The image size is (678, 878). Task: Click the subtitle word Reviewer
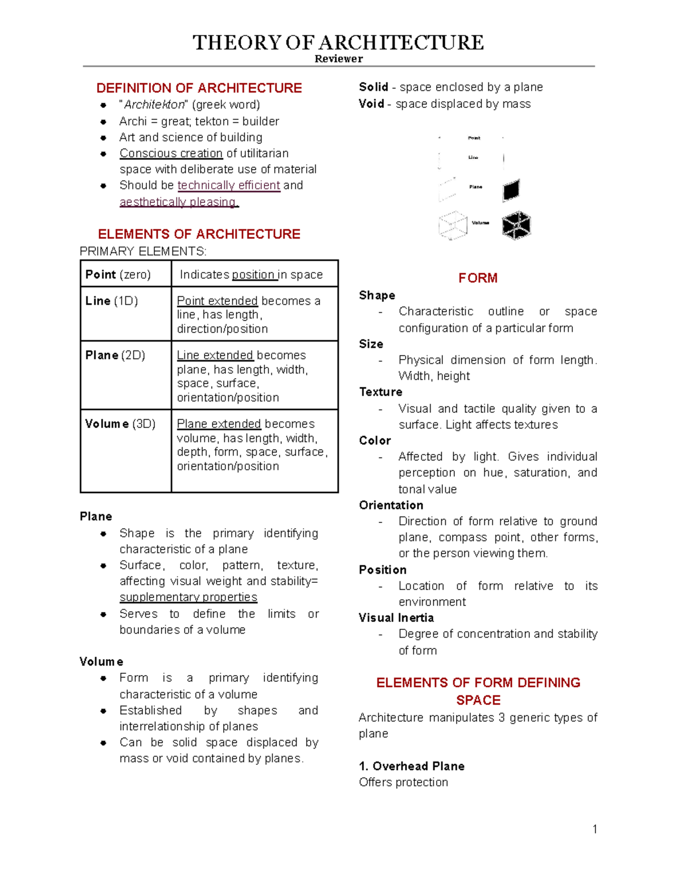(338, 59)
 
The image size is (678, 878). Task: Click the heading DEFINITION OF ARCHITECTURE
(199, 88)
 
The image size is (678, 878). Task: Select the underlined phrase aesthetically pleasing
(179, 202)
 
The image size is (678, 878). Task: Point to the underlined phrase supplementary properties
(188, 597)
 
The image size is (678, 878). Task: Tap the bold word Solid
(373, 87)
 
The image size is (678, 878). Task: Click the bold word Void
(371, 104)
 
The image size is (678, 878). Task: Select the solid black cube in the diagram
(516, 226)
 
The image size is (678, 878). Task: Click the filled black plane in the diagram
(511, 191)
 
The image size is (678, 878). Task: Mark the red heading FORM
(477, 278)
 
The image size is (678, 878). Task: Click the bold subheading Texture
(381, 392)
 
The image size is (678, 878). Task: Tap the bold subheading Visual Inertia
(396, 618)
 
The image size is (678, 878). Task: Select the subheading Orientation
(391, 505)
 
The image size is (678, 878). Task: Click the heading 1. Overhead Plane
(411, 766)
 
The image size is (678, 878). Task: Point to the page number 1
(594, 829)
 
